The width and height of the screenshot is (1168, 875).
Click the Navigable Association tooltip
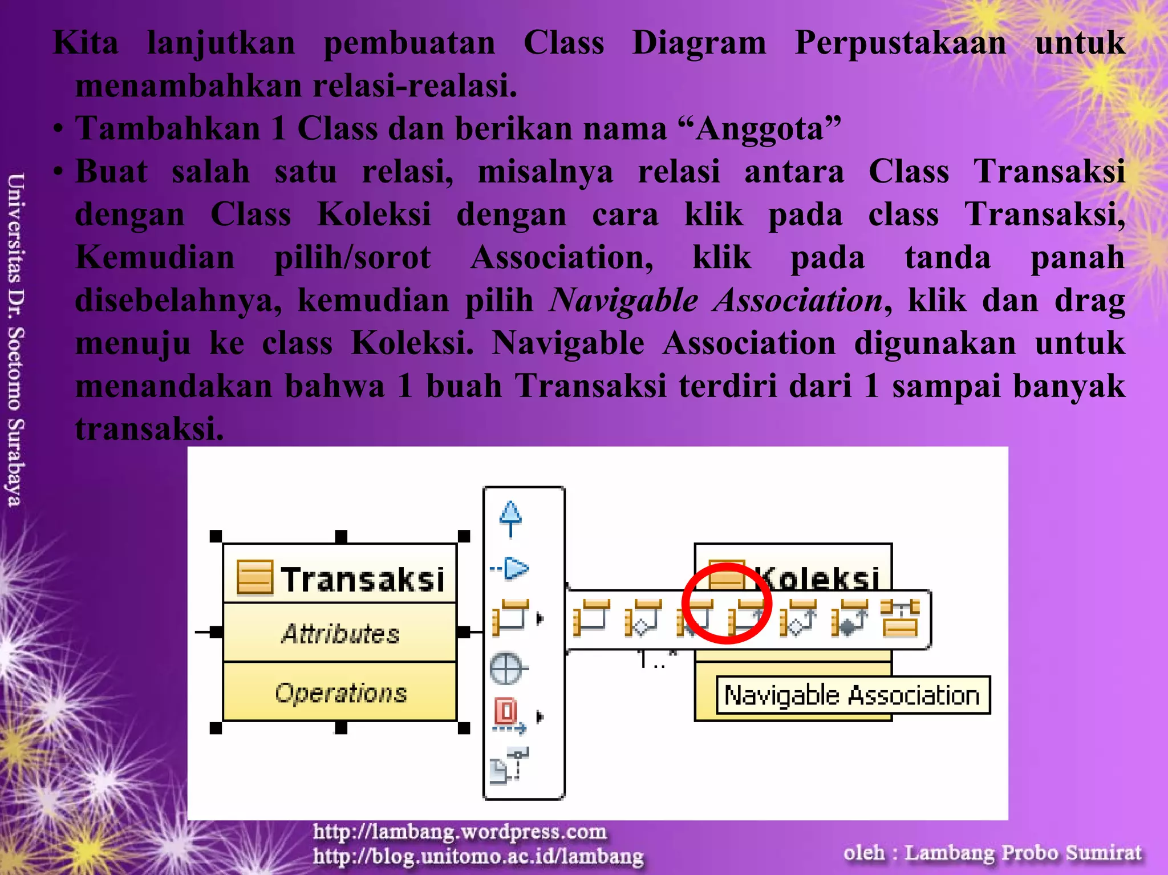(853, 695)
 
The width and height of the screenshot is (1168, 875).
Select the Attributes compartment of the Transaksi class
(340, 633)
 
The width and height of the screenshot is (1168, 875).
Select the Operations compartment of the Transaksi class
(340, 693)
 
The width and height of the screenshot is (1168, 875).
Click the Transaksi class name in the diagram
(362, 579)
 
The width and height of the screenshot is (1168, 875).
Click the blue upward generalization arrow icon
(510, 518)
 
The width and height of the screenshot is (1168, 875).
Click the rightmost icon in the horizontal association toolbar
(900, 618)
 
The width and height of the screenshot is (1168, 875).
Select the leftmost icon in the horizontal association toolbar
(591, 618)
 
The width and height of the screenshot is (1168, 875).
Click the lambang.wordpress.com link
(460, 832)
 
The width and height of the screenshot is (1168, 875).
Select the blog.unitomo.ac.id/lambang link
(478, 856)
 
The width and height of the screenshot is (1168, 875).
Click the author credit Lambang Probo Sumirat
(1023, 853)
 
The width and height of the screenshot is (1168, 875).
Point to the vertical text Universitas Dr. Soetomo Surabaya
(15, 339)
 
